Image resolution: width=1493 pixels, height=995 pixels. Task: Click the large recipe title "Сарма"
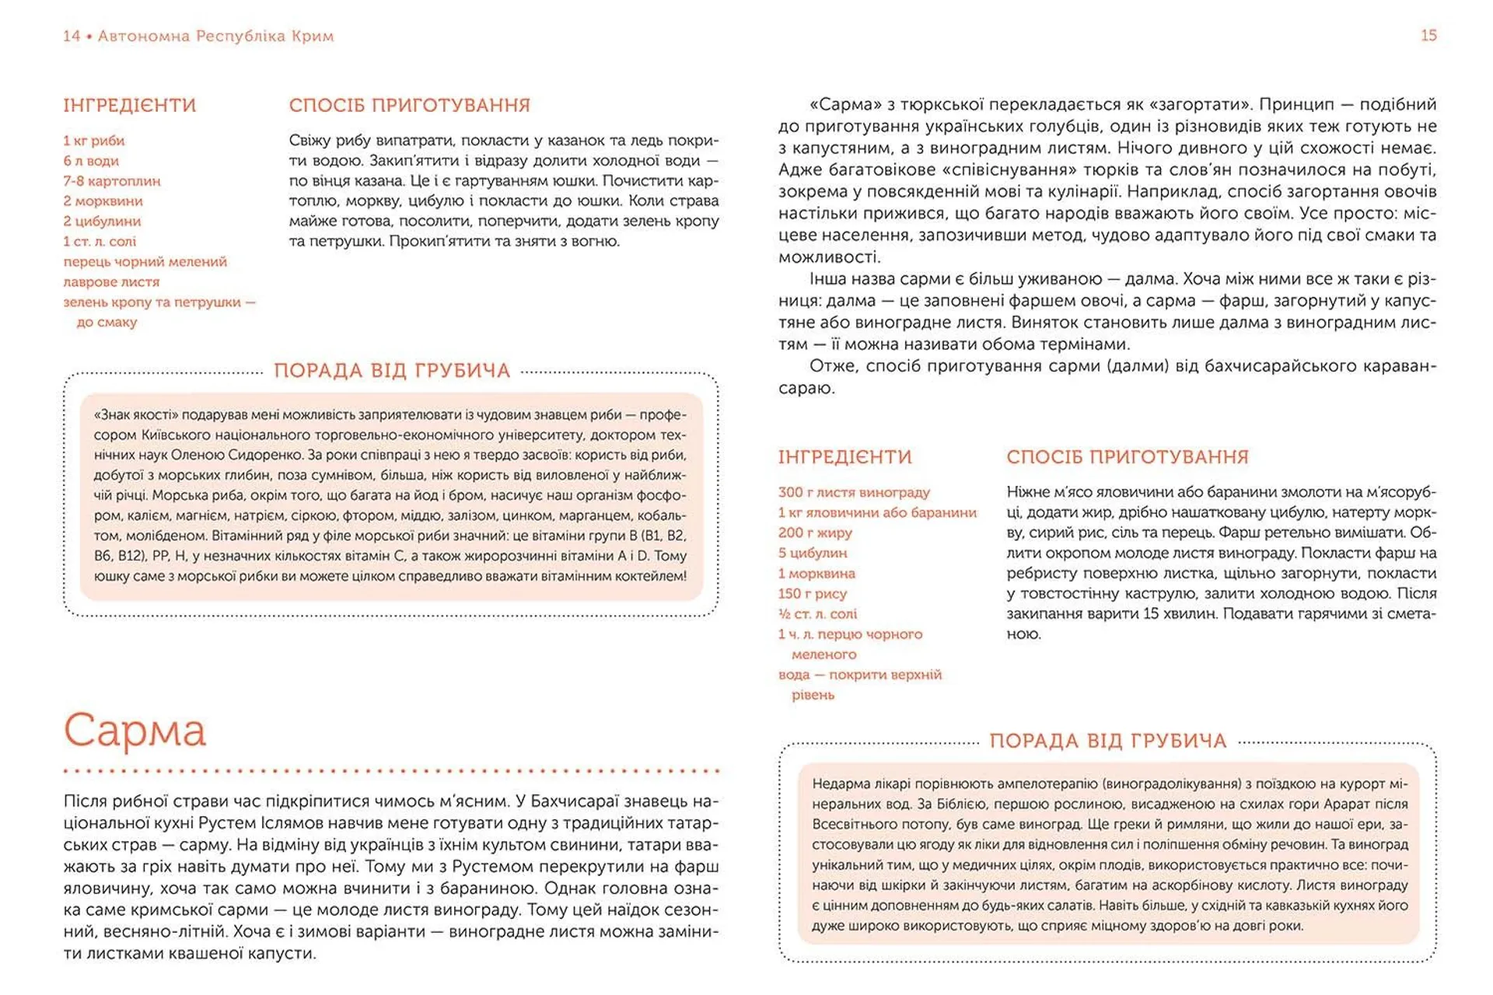[x=135, y=731]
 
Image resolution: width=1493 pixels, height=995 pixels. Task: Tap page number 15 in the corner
[x=1428, y=36]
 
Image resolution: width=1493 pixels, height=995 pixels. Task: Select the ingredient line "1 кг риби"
[x=94, y=141]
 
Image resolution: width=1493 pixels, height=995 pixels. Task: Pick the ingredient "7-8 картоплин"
[x=112, y=181]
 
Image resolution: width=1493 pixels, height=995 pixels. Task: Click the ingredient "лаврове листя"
[x=111, y=282]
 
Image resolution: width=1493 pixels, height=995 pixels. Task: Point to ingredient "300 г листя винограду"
[x=854, y=492]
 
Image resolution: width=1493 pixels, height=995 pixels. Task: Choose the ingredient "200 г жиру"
[x=815, y=532]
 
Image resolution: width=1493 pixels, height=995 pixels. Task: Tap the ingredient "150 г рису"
[x=812, y=593]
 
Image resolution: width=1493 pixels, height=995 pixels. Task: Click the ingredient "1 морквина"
[x=816, y=573]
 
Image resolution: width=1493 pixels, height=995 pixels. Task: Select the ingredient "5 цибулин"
[x=813, y=553]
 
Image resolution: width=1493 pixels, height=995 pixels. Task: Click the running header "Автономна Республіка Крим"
[x=215, y=36]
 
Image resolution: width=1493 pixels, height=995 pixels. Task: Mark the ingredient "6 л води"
[x=91, y=161]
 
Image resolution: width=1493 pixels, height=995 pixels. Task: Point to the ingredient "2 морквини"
[x=103, y=201]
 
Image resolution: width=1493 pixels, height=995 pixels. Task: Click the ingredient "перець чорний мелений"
[x=145, y=262]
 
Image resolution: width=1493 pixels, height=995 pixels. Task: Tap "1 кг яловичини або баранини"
[x=877, y=512]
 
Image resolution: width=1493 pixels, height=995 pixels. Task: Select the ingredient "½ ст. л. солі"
[x=817, y=613]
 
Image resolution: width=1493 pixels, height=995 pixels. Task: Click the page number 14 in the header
[x=72, y=36]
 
